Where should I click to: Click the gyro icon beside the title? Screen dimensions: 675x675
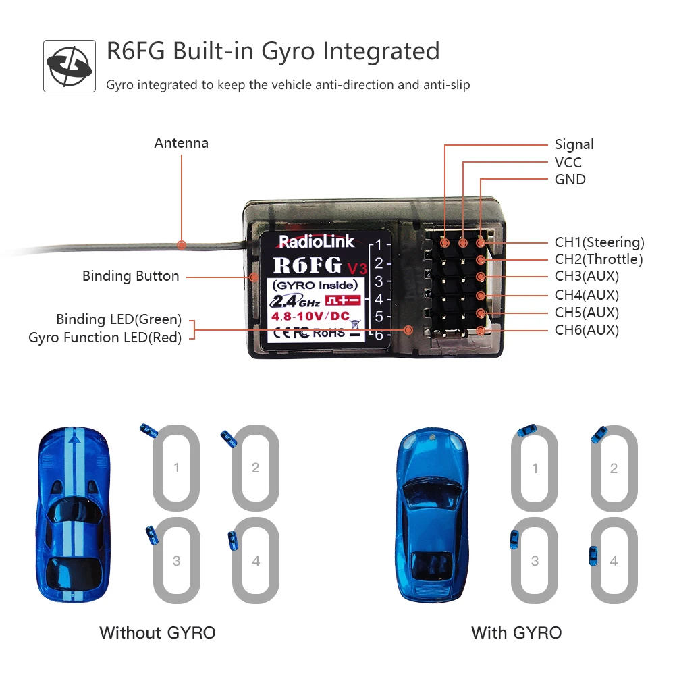[69, 66]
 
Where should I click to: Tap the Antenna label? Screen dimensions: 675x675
[181, 143]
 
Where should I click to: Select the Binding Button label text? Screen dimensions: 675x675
[130, 276]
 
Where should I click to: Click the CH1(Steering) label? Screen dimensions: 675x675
[599, 242]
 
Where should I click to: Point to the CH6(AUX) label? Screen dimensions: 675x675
[587, 330]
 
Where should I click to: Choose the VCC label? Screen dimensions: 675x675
[568, 162]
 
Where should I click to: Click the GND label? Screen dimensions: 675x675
[570, 180]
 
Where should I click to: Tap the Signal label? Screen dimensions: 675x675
[574, 144]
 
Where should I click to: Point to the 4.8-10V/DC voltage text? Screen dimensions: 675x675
[310, 316]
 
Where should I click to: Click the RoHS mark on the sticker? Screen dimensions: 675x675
[329, 332]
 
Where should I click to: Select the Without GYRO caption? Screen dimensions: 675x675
[157, 632]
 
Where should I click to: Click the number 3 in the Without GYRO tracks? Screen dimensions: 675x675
[176, 561]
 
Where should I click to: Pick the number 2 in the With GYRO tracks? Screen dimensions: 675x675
[614, 468]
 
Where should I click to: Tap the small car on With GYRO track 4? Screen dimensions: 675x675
[594, 556]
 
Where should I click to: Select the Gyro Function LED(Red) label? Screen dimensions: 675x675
[105, 337]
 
